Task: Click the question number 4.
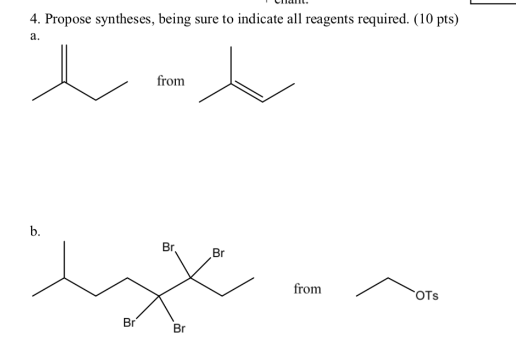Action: pos(35,20)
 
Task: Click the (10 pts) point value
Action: pos(432,20)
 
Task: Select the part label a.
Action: pos(35,37)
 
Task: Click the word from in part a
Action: pos(171,81)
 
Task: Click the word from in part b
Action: pos(307,289)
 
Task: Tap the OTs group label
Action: pos(427,296)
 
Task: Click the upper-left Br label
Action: pos(169,247)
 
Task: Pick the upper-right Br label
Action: pos(218,254)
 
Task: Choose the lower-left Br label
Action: pos(130,323)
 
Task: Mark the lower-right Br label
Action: pos(179,329)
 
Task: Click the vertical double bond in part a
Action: pos(64,63)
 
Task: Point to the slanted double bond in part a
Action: pos(246,92)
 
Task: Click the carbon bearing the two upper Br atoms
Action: pos(190,278)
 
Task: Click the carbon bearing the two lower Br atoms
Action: pos(159,296)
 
